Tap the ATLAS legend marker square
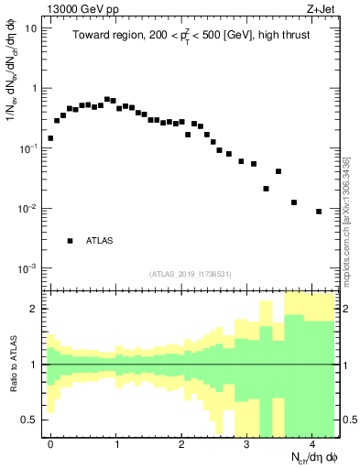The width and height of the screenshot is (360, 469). pyautogui.click(x=70, y=241)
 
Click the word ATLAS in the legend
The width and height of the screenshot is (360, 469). pyautogui.click(x=100, y=241)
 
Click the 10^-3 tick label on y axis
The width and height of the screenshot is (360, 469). pyautogui.click(x=29, y=268)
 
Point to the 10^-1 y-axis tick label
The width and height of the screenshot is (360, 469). pyautogui.click(x=29, y=148)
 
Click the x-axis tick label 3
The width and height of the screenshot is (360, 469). pyautogui.click(x=247, y=443)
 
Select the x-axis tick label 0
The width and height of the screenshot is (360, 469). pyautogui.click(x=50, y=443)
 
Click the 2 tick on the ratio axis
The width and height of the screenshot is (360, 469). pyautogui.click(x=36, y=310)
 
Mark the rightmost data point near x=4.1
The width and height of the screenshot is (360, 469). pyautogui.click(x=319, y=212)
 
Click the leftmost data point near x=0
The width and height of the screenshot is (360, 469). pyautogui.click(x=50, y=138)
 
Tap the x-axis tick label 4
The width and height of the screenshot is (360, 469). pyautogui.click(x=312, y=443)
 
